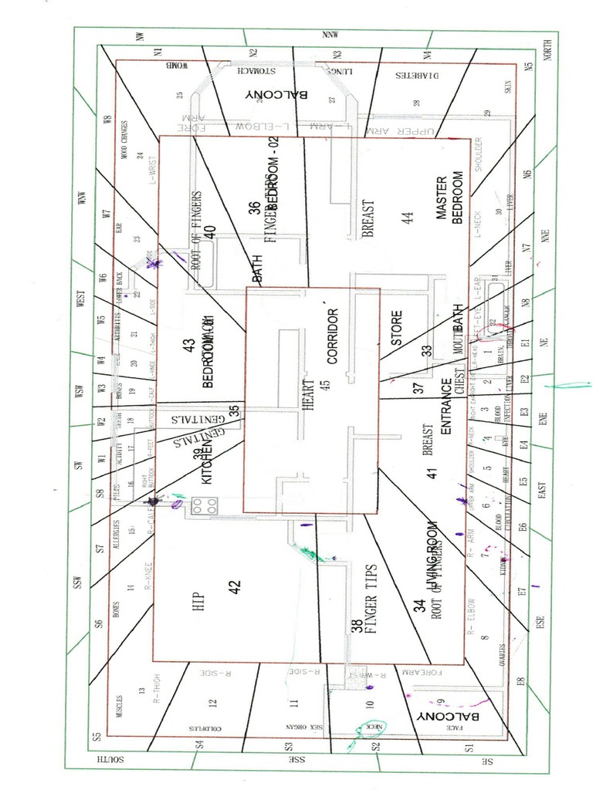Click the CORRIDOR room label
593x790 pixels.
click(x=334, y=336)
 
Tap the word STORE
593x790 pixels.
click(x=396, y=328)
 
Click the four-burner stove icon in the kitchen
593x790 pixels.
click(x=205, y=506)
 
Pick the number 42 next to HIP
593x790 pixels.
click(x=235, y=588)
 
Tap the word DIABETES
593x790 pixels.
click(x=417, y=76)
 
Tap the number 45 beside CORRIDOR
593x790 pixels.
click(x=325, y=383)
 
